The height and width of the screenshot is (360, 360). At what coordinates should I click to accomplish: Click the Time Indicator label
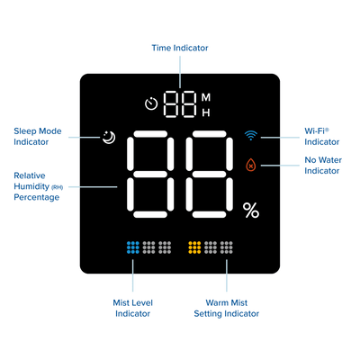(x=180, y=48)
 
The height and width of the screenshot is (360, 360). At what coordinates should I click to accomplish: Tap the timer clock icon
(x=151, y=103)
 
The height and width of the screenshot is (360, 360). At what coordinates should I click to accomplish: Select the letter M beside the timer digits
(x=206, y=97)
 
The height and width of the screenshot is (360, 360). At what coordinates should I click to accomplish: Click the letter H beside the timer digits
(x=206, y=112)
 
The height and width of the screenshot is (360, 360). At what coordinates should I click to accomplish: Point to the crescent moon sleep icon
(x=109, y=138)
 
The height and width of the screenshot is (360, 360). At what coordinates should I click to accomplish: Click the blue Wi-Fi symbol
(x=251, y=136)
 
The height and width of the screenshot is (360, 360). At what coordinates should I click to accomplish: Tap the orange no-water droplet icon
(x=251, y=165)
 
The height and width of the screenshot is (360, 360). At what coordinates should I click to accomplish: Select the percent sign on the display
(x=251, y=210)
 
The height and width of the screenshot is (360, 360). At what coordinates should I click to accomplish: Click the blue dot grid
(x=133, y=247)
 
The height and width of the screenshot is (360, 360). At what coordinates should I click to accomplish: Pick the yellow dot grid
(x=194, y=247)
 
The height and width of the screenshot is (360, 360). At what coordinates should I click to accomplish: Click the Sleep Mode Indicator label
(x=38, y=137)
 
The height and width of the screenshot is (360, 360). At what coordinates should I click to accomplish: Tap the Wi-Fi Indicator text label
(x=322, y=137)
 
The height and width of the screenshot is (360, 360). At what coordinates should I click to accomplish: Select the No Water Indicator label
(x=323, y=166)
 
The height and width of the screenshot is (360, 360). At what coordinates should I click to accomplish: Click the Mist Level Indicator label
(x=132, y=308)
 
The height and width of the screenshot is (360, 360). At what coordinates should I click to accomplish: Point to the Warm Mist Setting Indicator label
(x=227, y=308)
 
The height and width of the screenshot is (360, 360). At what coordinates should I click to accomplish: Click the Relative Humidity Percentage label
(x=39, y=186)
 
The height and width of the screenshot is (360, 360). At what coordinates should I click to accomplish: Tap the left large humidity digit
(x=150, y=174)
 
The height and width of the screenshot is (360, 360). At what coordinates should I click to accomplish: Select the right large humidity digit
(x=209, y=174)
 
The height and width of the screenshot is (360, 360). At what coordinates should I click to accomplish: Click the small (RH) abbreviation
(x=57, y=188)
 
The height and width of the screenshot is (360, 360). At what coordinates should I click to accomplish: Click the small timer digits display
(x=180, y=104)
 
